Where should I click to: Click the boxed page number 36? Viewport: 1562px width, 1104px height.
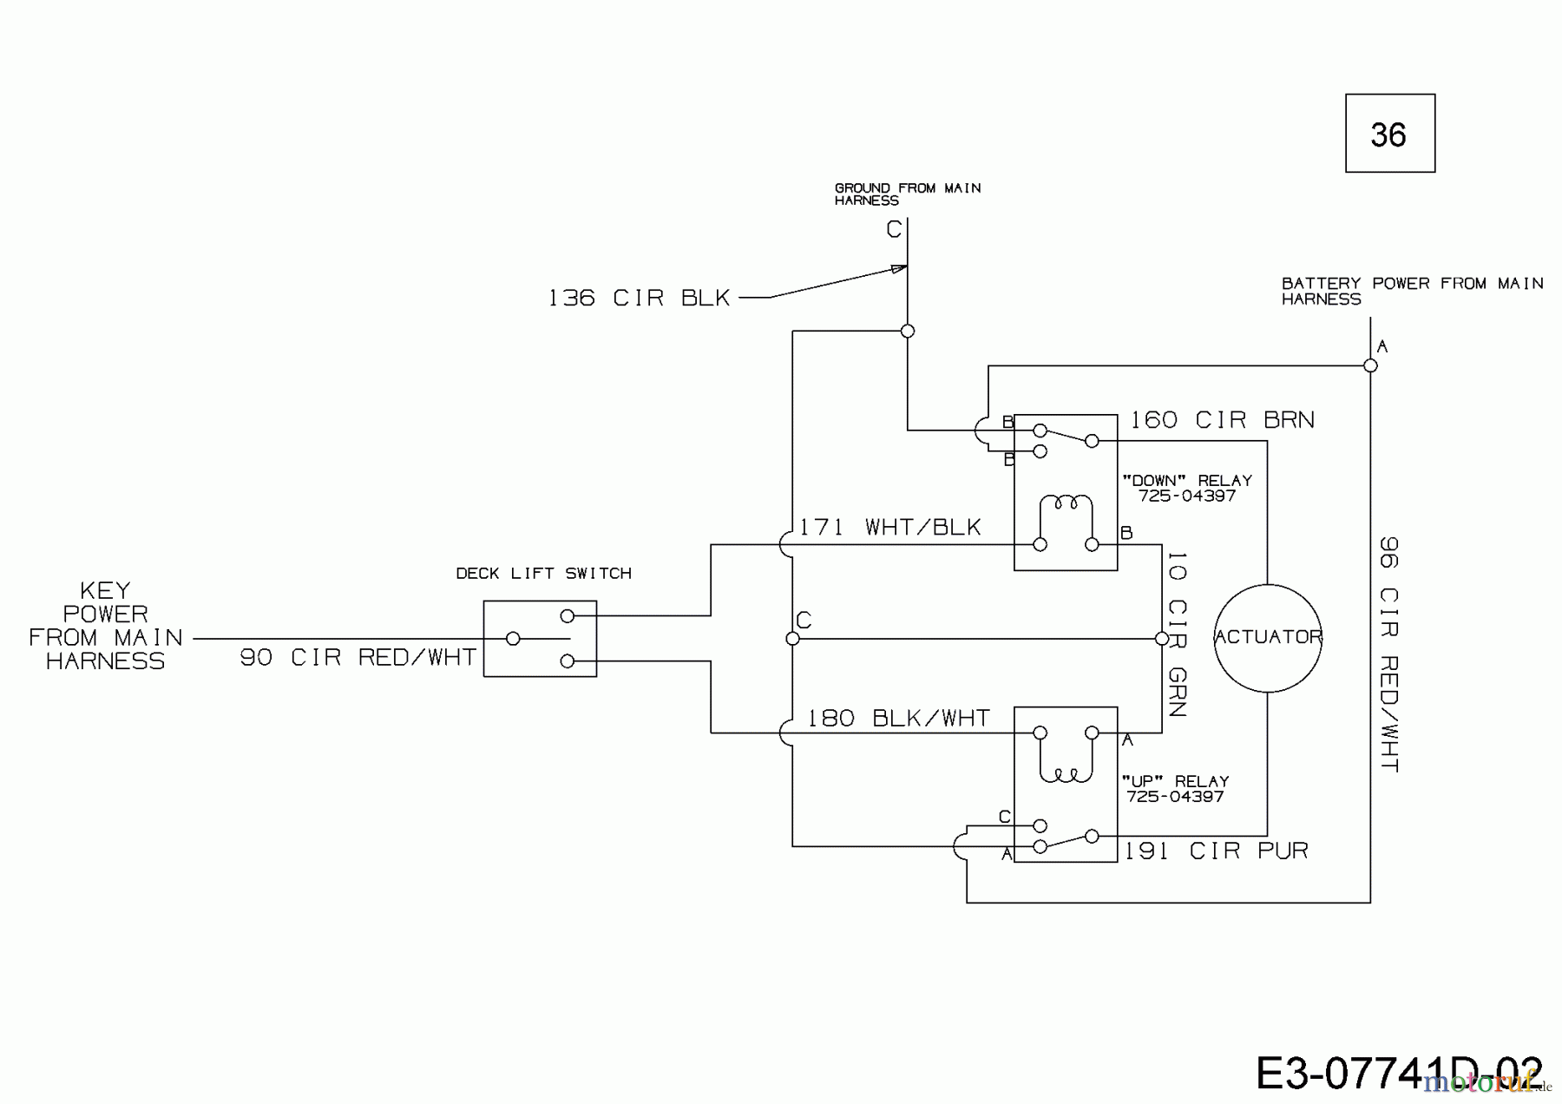tap(1389, 134)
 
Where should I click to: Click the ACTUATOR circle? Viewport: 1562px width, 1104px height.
tap(1267, 637)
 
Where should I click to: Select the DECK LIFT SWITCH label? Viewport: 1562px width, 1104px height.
tap(543, 573)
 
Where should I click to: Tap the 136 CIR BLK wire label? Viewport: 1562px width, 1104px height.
tap(639, 298)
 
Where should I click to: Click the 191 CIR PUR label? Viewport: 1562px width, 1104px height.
tap(1216, 851)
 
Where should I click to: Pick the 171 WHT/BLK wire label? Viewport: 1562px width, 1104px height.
tap(889, 527)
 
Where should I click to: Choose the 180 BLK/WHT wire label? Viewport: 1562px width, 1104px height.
tap(897, 718)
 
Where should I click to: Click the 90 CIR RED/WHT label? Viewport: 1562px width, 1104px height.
tap(358, 658)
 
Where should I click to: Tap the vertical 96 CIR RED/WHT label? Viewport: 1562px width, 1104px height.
tap(1388, 654)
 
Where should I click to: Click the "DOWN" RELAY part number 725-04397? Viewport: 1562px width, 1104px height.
tap(1186, 496)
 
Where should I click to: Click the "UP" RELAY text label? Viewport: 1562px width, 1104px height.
tap(1175, 781)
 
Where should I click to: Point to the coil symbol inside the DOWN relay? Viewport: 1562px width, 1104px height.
tap(1066, 503)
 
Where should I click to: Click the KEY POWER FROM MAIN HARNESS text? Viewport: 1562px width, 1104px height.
tap(105, 626)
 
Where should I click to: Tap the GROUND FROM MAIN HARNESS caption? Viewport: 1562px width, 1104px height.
tap(907, 194)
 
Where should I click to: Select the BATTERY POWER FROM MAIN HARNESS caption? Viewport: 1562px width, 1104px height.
tap(1411, 291)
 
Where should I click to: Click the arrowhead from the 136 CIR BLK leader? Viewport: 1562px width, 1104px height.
tap(899, 269)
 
